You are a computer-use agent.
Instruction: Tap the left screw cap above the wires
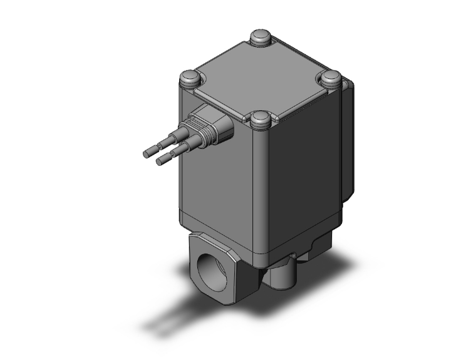point(190,79)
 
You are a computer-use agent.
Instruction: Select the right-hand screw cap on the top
point(332,78)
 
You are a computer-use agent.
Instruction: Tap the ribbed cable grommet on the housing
point(213,123)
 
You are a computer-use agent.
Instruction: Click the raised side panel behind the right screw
point(348,138)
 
